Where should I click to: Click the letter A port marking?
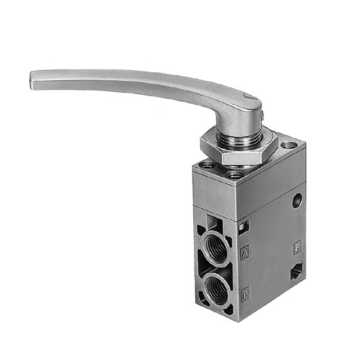click(245, 253)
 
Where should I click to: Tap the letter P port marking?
click(245, 295)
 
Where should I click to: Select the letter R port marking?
click(298, 248)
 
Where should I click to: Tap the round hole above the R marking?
click(297, 200)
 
